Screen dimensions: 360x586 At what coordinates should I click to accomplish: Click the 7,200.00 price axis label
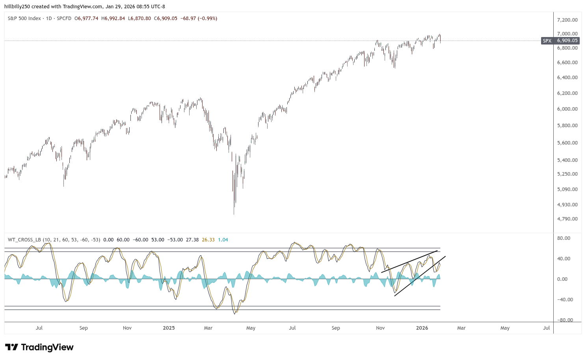567,20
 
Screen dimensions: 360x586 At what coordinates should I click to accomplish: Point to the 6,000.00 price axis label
567,109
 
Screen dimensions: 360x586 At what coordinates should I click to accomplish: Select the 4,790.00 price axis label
567,219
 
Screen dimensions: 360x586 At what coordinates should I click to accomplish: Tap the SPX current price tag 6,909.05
567,41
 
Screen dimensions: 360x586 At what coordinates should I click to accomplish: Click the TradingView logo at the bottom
39,347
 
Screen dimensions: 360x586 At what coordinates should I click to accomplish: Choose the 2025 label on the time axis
169,328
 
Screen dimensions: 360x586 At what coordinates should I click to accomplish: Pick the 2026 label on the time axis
422,328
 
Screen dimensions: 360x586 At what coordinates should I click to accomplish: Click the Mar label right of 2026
461,328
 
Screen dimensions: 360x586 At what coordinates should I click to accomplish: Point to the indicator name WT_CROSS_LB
24,239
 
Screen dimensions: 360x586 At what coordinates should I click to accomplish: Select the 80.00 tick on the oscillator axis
564,238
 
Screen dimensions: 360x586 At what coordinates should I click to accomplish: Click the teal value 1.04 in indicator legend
223,239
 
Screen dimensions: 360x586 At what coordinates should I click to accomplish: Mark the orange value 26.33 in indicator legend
208,239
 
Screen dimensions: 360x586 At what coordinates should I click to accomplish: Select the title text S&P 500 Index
24,19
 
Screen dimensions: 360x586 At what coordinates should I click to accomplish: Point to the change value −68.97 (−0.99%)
199,19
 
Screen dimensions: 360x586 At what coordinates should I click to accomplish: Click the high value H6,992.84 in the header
113,19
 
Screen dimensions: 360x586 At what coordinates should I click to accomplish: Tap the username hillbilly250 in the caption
17,6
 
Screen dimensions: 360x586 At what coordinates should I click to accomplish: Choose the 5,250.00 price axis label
567,174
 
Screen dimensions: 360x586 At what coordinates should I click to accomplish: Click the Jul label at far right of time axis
547,328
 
